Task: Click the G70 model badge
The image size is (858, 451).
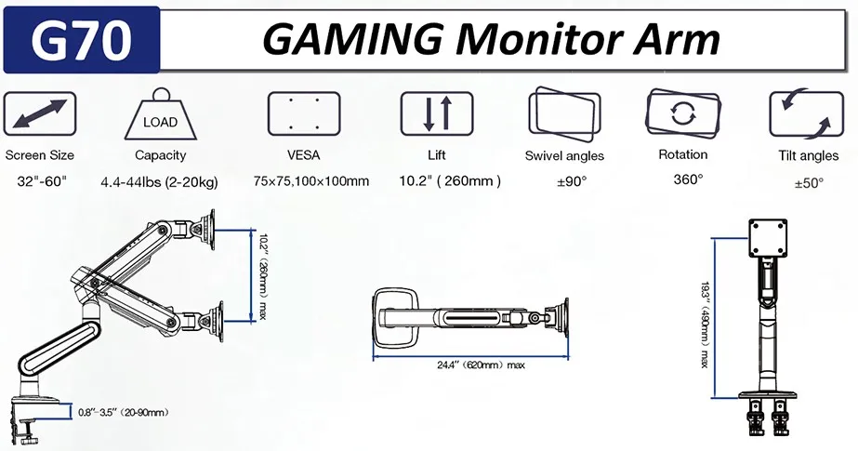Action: [x=81, y=39]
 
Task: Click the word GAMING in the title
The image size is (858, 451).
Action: [x=357, y=39]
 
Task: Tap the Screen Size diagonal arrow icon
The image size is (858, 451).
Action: [x=39, y=115]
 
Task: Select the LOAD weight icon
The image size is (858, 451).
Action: [x=160, y=116]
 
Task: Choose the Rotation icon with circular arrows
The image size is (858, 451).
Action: [x=683, y=113]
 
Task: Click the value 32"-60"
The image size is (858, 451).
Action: [x=38, y=181]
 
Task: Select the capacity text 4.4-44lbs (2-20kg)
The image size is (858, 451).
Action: [x=159, y=181]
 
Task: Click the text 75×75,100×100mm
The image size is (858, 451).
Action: [x=310, y=181]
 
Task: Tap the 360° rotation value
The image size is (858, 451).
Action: [x=688, y=179]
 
